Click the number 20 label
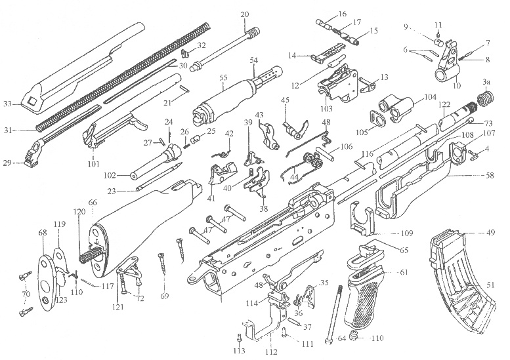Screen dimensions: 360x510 [245, 14]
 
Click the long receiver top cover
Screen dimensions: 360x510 [79, 62]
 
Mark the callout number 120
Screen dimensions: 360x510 [79, 212]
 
